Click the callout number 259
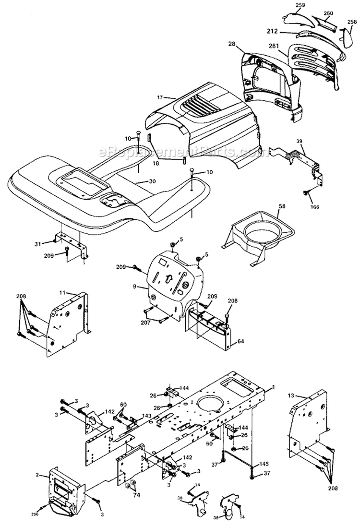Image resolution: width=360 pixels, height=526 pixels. coord(287,6)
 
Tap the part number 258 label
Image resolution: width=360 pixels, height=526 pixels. coord(352,22)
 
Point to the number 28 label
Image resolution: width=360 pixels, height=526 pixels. coord(232,44)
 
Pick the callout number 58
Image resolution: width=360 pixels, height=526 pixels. coord(282,206)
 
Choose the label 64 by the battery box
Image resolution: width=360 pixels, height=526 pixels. coord(240,341)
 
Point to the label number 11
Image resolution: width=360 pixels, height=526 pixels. coord(62,292)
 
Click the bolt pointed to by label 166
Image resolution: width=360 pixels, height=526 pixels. coord(305,192)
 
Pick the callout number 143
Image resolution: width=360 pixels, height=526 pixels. coord(146,415)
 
